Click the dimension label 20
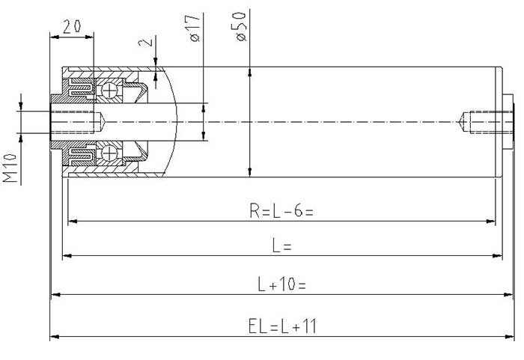72,26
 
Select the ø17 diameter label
195,28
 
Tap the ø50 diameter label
240,26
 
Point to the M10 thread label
10,168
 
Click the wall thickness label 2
146,41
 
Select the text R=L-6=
281,210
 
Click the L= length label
282,245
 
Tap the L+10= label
281,284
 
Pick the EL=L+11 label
282,326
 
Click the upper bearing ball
109,91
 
